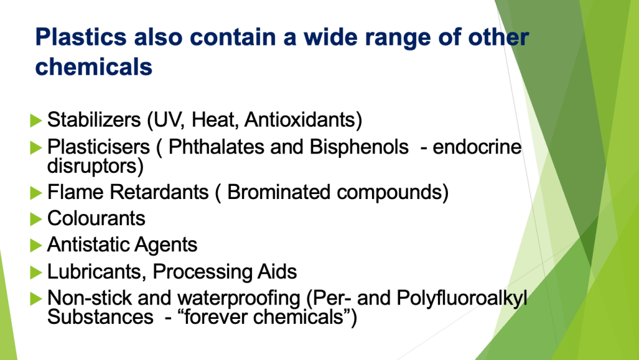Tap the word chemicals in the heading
(94, 67)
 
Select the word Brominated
(278, 192)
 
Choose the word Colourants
(96, 218)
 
